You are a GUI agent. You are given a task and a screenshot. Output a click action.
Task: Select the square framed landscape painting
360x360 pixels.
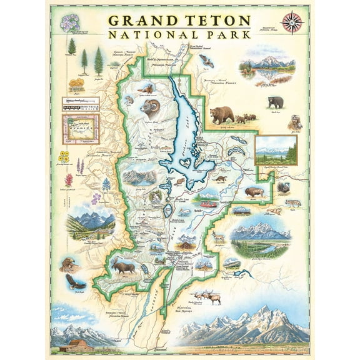point(276,150)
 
